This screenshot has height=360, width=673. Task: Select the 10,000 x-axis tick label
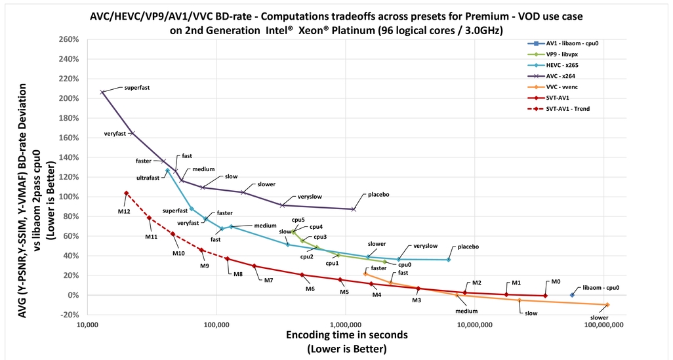click(87, 324)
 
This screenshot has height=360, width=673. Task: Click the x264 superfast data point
click(102, 92)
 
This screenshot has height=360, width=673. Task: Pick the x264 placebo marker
click(354, 209)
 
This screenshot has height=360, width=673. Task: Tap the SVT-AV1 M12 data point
click(126, 193)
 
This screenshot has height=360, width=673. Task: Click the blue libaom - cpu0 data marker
click(572, 295)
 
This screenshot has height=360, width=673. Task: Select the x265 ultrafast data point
click(167, 170)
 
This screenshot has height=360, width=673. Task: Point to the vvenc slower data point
click(607, 305)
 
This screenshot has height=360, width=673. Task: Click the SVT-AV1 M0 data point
click(545, 296)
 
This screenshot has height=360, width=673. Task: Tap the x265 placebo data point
click(449, 260)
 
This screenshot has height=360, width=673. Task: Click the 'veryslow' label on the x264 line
click(310, 196)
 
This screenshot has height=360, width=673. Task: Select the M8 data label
click(238, 274)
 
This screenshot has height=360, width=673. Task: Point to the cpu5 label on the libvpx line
click(298, 220)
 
